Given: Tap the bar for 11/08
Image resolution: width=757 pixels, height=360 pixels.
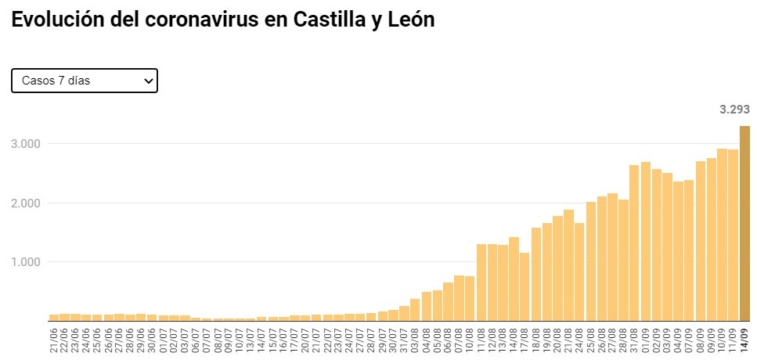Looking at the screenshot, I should click(x=481, y=283).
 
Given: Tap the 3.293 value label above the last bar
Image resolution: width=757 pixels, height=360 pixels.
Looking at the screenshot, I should click(x=734, y=110).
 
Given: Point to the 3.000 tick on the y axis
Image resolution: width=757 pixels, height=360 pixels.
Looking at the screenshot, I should click(x=25, y=144).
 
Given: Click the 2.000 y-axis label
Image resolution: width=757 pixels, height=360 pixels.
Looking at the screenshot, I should click(x=25, y=203).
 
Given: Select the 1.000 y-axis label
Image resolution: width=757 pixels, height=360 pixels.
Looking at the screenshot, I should click(x=25, y=262).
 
